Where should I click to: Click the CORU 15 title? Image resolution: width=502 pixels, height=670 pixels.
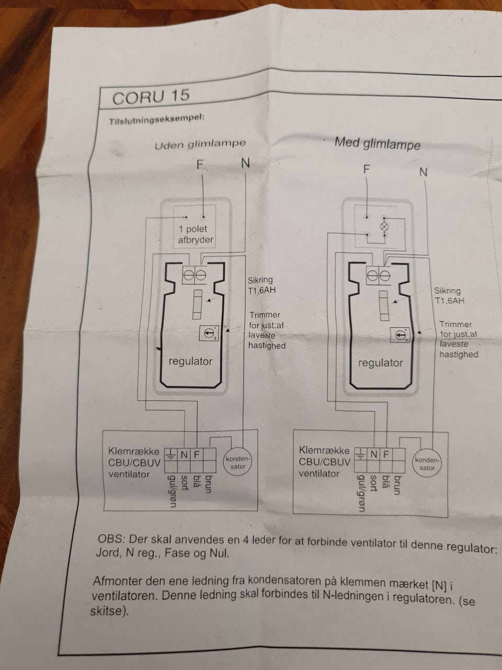151,96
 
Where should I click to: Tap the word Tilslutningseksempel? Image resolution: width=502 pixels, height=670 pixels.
157,120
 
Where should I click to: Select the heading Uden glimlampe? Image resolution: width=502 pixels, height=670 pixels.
200,144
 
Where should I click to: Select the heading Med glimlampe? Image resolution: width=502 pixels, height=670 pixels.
378,144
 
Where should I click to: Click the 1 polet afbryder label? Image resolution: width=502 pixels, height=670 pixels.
196,234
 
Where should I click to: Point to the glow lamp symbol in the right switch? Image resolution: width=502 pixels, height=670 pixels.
385,227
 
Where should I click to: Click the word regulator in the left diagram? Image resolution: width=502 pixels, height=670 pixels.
190,361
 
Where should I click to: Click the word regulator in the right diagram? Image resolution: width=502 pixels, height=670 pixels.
380,363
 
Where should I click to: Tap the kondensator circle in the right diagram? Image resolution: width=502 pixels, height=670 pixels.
427,464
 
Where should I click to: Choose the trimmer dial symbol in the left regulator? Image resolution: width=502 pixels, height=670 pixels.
209,333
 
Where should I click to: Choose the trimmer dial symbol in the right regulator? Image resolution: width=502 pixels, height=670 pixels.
401,336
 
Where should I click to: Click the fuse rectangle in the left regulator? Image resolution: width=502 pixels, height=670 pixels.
198,304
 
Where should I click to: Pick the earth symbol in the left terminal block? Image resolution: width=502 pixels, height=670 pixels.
170,455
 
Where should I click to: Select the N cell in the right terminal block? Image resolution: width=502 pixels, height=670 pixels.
373,454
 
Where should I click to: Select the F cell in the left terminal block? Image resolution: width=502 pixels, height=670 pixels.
197,454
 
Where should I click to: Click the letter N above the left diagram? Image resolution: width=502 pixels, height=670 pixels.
245,164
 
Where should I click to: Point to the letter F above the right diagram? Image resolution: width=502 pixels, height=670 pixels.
367,169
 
